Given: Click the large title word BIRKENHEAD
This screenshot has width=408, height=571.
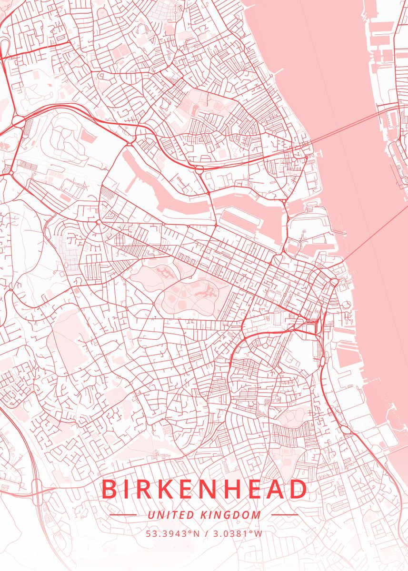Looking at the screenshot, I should [x=205, y=490].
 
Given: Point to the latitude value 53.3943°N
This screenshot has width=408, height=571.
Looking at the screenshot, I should [x=172, y=533].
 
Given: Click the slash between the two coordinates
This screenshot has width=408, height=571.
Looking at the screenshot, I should [x=205, y=533].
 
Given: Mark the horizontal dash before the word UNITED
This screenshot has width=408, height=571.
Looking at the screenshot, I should [x=123, y=515].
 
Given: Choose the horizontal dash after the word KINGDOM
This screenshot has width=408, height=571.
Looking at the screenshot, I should [x=284, y=515].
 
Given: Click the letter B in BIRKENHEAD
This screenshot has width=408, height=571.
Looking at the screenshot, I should [x=109, y=490].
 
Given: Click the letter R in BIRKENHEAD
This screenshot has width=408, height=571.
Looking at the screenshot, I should [x=143, y=490].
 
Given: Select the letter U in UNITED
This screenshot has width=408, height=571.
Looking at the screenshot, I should [x=151, y=515].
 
